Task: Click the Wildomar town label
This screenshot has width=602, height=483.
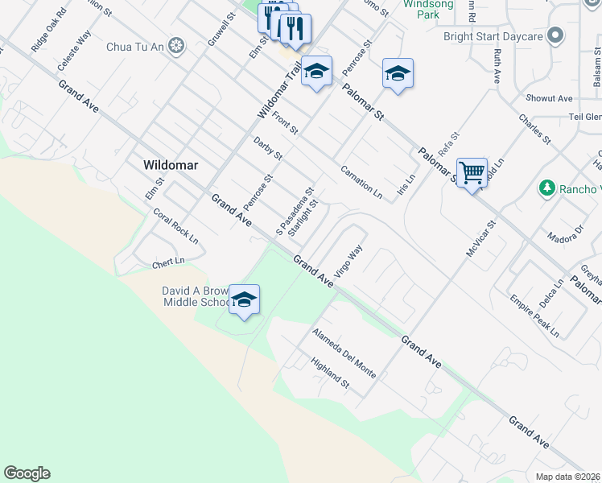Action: [x=170, y=164]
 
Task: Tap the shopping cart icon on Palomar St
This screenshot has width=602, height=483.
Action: [x=472, y=172]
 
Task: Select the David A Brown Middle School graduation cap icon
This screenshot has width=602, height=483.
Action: [x=244, y=299]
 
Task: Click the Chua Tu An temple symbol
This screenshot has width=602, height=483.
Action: [x=177, y=47]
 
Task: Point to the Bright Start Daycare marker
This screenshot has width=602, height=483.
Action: [x=555, y=35]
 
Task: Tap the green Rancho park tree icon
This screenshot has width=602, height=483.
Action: [x=547, y=188]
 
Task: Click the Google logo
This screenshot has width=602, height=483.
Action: [x=27, y=473]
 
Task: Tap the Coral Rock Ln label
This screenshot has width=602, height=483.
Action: [x=175, y=226]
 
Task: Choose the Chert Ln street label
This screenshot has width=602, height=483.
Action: [x=168, y=262]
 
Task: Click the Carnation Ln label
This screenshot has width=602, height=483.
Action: [x=361, y=183]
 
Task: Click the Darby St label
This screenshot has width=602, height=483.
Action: [x=268, y=148]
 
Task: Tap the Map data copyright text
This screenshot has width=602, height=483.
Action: [x=567, y=477]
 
